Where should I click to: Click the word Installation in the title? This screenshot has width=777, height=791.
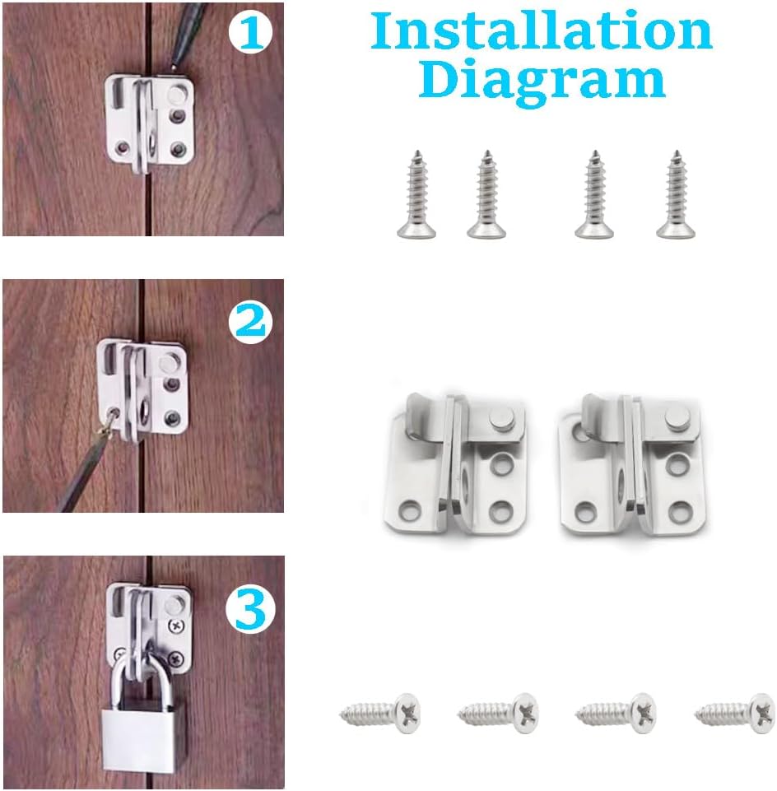pos(541,30)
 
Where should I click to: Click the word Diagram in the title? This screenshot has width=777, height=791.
pos(541,80)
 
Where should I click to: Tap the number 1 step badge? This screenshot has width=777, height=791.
pos(250,33)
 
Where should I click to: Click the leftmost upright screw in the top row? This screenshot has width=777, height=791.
pos(417,194)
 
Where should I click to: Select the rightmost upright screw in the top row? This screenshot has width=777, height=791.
pos(674,194)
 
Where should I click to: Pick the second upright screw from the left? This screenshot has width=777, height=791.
pos(486,194)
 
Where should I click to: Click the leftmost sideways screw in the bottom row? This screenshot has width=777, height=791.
pos(380,710)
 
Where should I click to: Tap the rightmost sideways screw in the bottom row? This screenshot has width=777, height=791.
pos(735,710)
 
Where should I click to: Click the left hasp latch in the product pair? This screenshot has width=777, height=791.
pos(455,463)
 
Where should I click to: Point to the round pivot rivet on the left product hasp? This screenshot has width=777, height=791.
pos(500,420)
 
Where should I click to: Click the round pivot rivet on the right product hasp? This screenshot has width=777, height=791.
pos(677,420)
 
